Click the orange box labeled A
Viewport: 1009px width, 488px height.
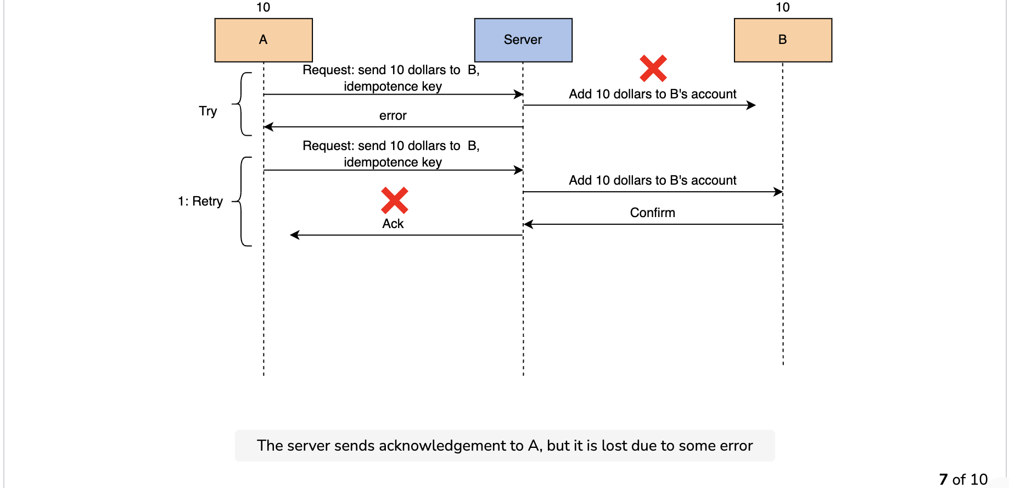pyautogui.click(x=264, y=40)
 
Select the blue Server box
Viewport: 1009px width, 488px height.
pyautogui.click(x=523, y=40)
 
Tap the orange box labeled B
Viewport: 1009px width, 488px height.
pyautogui.click(x=783, y=40)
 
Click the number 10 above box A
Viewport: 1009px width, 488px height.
pyautogui.click(x=264, y=7)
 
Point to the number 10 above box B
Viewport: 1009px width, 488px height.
pyautogui.click(x=783, y=7)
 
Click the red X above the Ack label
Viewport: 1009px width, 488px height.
pyautogui.click(x=395, y=200)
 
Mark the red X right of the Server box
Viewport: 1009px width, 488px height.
pyautogui.click(x=653, y=68)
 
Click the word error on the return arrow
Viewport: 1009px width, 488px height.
pyautogui.click(x=393, y=115)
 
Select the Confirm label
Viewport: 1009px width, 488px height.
pyautogui.click(x=653, y=213)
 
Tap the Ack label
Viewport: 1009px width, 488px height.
pyautogui.click(x=393, y=224)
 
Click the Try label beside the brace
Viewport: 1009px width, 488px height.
pyautogui.click(x=208, y=112)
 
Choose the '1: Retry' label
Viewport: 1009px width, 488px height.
pyautogui.click(x=200, y=201)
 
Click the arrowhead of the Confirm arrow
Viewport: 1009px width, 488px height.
pyautogui.click(x=528, y=224)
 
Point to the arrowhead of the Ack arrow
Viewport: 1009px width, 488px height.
pyautogui.click(x=294, y=235)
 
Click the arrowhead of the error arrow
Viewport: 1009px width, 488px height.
pyautogui.click(x=268, y=127)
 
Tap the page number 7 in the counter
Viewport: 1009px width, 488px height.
pyautogui.click(x=943, y=480)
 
